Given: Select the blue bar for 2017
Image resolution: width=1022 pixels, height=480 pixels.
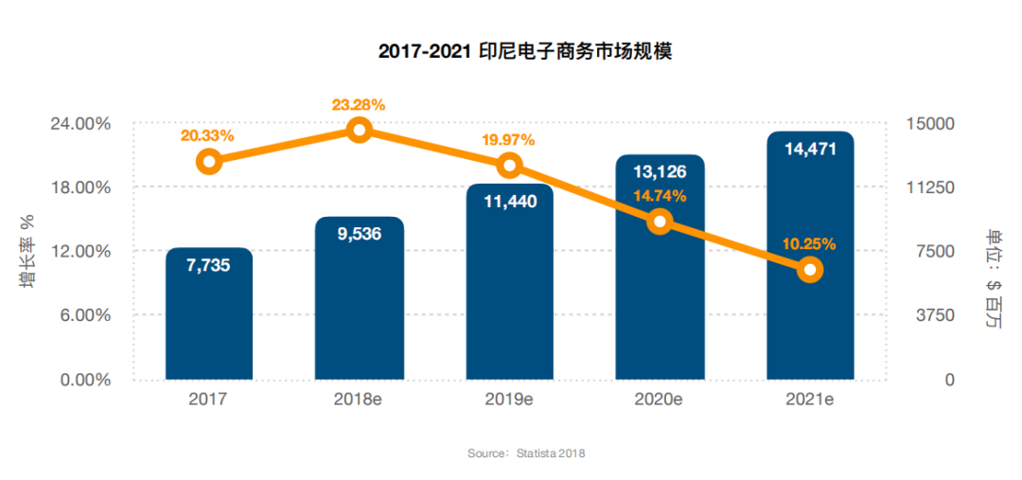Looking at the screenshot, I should pos(208,322).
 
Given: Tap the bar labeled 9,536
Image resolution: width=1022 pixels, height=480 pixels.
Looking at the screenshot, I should pos(359,303).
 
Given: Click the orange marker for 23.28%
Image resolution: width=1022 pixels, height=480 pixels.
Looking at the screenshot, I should pos(359,130).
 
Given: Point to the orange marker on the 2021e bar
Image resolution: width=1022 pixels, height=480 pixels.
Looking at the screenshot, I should pos(809,270).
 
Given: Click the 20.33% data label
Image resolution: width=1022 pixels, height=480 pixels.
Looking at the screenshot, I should pos(207,135).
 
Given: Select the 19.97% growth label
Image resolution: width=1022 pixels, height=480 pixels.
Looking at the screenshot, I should pos(507,140).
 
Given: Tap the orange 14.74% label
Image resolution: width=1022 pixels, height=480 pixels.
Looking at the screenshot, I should pos(660,196).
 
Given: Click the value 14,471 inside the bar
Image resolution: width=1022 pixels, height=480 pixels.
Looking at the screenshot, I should pos(809,149).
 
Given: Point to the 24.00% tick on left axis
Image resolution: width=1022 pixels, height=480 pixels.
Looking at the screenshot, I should pos(79,124).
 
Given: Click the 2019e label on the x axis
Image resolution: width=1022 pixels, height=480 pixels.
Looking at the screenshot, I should pos(508,400).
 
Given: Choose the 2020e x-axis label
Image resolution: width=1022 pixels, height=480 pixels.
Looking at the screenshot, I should pos(659,400).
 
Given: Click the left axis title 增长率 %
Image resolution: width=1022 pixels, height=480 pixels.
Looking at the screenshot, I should pos(27,250).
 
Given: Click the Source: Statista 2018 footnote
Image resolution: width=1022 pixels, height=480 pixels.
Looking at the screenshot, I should pos(526,453).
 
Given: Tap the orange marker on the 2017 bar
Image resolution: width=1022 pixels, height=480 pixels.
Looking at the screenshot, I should pos(209,161).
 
